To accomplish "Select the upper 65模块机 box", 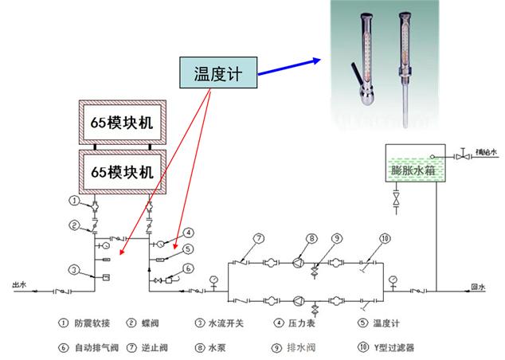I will pos(123,123).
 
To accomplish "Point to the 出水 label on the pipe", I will pos(19,283).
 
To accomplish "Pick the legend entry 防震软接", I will pos(92,323).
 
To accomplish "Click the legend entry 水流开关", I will pos(225,323).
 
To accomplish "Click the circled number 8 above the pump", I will pos(312,238).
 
